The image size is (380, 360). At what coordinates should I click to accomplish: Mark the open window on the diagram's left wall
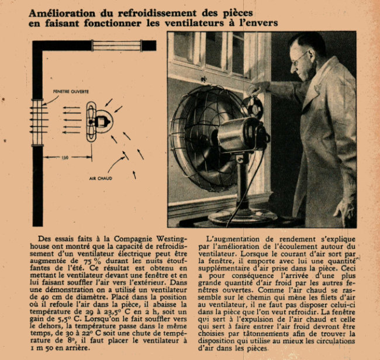click(x=38, y=122)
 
